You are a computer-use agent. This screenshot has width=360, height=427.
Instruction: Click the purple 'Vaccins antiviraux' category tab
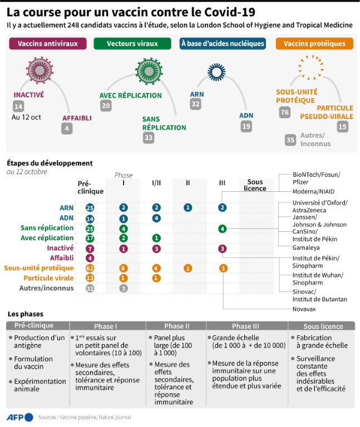coord(48,43)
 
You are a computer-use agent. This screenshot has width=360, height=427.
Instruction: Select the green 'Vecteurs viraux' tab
coord(132,43)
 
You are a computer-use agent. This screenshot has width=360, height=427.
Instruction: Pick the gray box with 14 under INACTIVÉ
coord(19,107)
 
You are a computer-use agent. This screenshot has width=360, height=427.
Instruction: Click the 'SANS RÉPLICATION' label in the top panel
coord(164,123)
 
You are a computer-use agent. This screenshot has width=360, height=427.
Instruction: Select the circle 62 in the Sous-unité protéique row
coord(90,268)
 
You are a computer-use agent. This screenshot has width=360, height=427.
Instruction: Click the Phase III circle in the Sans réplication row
coord(223,228)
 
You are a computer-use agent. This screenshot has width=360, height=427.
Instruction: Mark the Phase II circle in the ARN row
coord(189,207)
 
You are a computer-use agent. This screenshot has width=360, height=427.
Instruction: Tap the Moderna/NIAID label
coord(315,192)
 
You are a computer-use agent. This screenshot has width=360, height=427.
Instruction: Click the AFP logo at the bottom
coord(19,416)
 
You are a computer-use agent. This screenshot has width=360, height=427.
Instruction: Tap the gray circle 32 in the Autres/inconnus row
coord(90,288)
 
